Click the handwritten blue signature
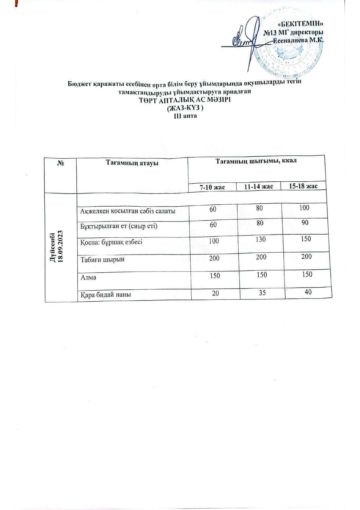(x=247, y=41)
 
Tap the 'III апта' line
(x=185, y=116)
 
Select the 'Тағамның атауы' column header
(x=132, y=163)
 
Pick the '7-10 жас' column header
(x=212, y=186)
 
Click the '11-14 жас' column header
(x=258, y=186)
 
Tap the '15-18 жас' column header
(x=303, y=186)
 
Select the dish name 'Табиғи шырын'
(x=102, y=259)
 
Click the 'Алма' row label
(x=88, y=277)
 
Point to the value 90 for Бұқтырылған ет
(x=305, y=223)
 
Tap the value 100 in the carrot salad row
(x=305, y=207)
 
